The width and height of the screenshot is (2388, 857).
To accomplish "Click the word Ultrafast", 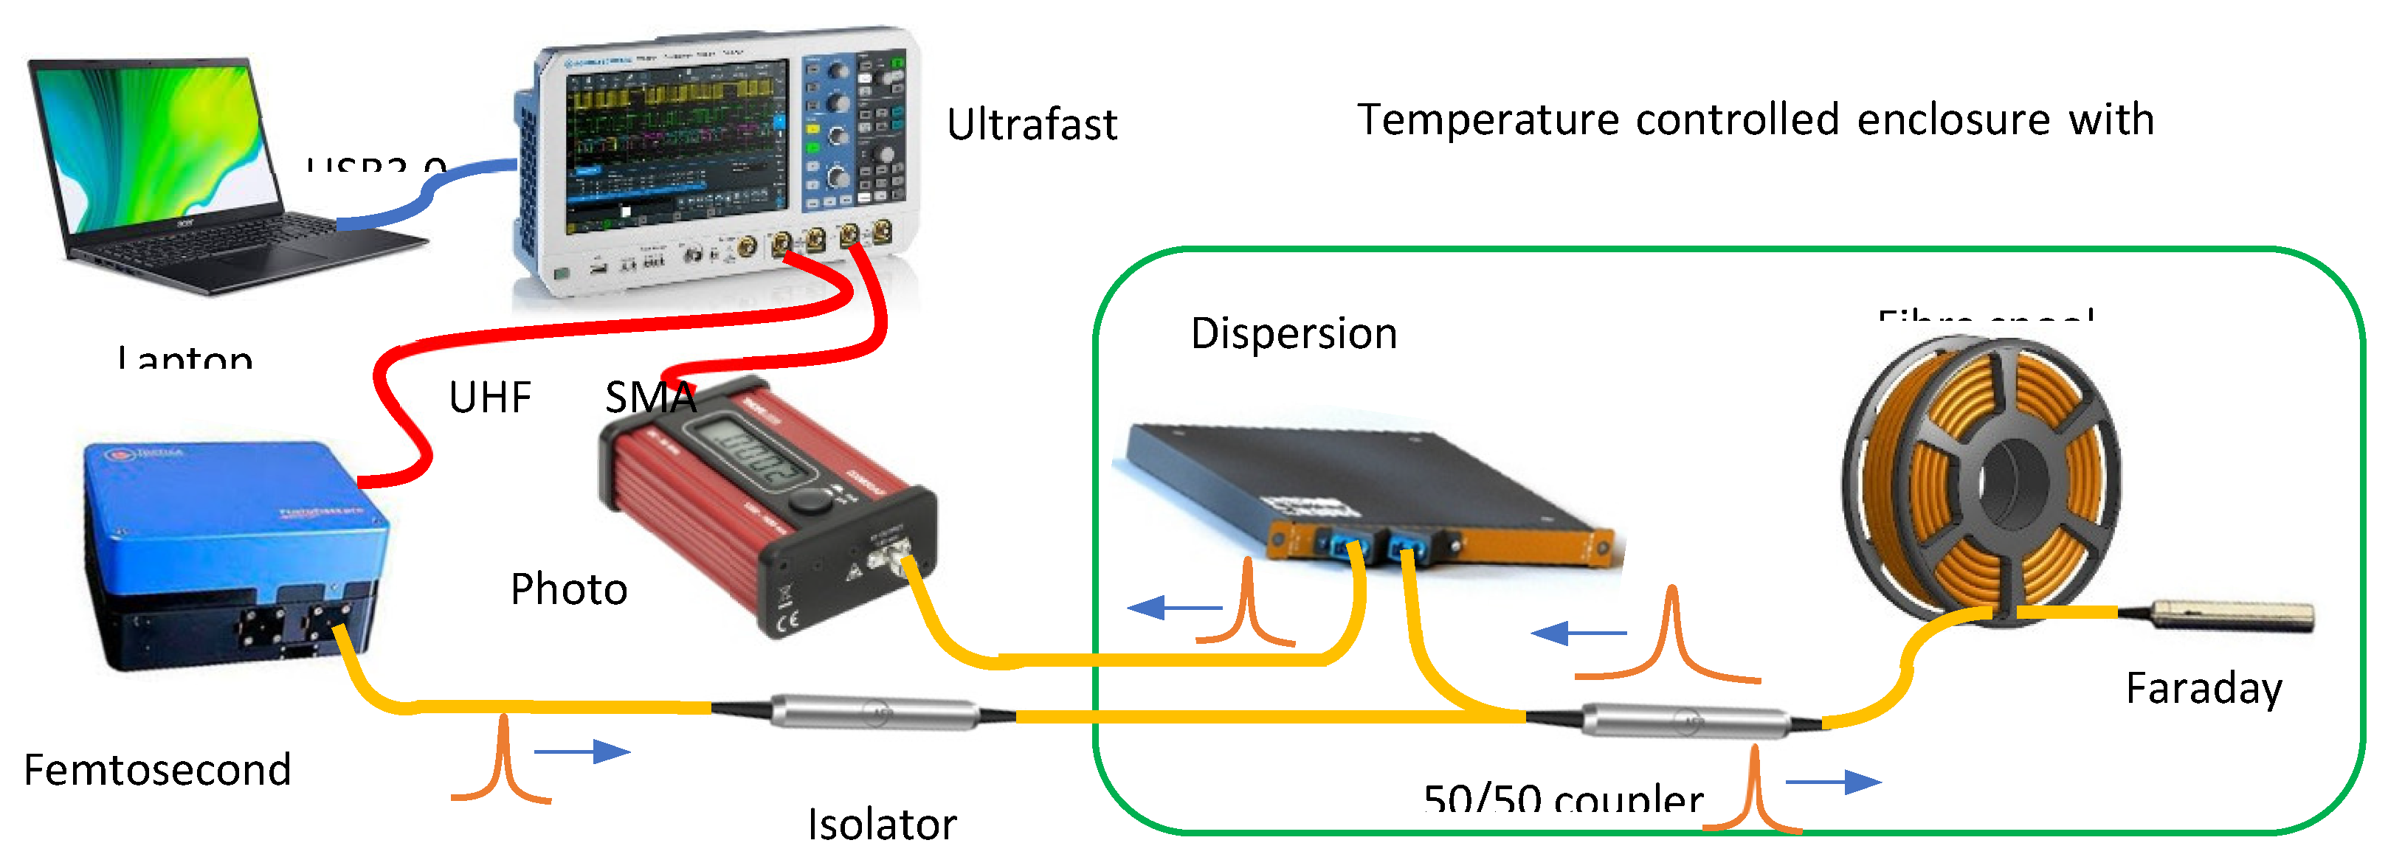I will click(1032, 125).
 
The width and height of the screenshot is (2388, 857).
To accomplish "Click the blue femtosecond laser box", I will click(232, 518).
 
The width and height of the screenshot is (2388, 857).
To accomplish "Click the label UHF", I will click(489, 398).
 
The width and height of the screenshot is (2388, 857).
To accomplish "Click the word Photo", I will click(568, 589).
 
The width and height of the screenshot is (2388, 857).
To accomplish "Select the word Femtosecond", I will click(158, 770).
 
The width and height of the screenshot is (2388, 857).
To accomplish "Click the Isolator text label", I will click(882, 824).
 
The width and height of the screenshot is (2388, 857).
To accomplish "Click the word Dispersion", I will click(1293, 333).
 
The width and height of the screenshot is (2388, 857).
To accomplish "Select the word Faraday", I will click(2203, 688).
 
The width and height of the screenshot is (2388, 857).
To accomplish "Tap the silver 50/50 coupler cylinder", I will click(1685, 721).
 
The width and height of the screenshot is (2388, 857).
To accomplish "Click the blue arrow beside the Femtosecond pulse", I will click(582, 752).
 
